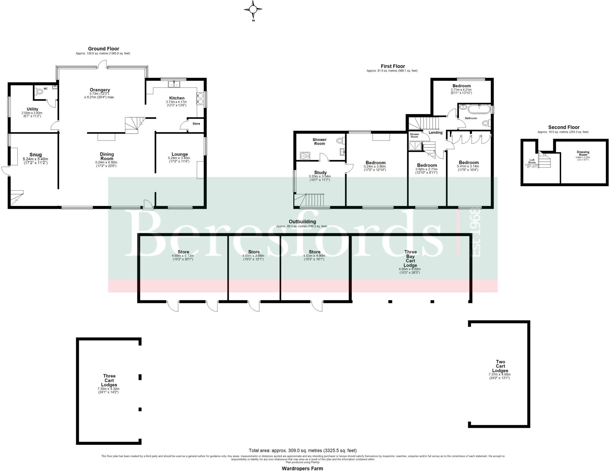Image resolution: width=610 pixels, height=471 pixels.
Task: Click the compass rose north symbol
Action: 253,10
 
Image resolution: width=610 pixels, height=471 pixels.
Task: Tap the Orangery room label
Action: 100,90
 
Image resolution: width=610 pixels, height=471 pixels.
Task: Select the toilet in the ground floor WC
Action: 39,92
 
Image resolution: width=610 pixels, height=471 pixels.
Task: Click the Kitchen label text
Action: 177,98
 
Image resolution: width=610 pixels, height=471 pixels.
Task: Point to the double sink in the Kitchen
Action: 174,85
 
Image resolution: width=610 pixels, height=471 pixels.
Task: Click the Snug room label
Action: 35,155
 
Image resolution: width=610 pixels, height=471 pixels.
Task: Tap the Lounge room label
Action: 180,154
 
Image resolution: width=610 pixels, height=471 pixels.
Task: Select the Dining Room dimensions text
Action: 106,164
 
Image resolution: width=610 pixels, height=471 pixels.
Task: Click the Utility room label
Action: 32,109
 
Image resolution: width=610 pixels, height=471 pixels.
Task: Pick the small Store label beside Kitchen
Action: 196,124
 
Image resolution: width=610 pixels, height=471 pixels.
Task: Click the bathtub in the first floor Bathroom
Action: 479,109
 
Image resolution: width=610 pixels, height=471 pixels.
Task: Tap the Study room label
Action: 320,172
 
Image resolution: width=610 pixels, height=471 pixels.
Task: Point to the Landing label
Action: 435,132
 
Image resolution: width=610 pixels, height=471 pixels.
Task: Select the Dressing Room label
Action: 583,153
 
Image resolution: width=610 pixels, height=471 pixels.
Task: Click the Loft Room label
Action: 532,161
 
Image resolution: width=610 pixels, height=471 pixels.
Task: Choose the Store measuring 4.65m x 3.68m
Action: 254,252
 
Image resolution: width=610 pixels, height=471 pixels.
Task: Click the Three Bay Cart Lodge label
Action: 410,258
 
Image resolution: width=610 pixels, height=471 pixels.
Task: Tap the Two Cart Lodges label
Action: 500,366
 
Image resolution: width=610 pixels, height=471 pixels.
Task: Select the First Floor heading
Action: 393,66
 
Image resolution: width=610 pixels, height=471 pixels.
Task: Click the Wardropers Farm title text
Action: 302,468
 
